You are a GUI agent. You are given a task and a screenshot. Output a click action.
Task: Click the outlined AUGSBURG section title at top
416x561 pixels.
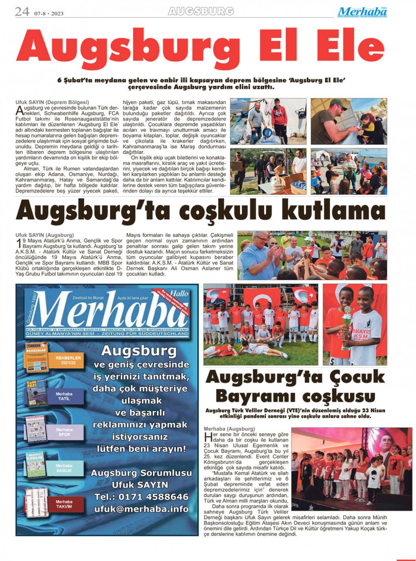point(201,11)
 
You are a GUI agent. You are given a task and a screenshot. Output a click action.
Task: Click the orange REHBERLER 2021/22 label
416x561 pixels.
point(68,360)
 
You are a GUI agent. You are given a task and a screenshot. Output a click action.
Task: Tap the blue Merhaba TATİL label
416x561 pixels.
point(64,396)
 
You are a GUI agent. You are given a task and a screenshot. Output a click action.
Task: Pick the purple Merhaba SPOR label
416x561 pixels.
point(64,432)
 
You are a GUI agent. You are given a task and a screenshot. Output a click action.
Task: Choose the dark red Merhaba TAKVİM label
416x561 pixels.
point(64,504)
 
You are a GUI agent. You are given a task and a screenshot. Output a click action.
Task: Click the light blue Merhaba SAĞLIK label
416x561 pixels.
point(64,468)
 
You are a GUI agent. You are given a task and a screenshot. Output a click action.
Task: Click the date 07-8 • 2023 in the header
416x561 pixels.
point(49,13)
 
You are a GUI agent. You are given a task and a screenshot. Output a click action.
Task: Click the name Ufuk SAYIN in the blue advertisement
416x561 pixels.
point(140,485)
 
